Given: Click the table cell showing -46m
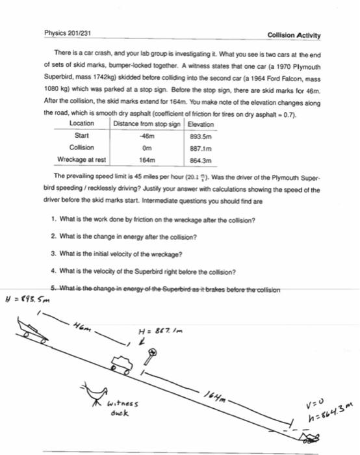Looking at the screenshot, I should click(147, 136).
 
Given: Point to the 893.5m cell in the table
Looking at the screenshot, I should click(199, 136).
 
